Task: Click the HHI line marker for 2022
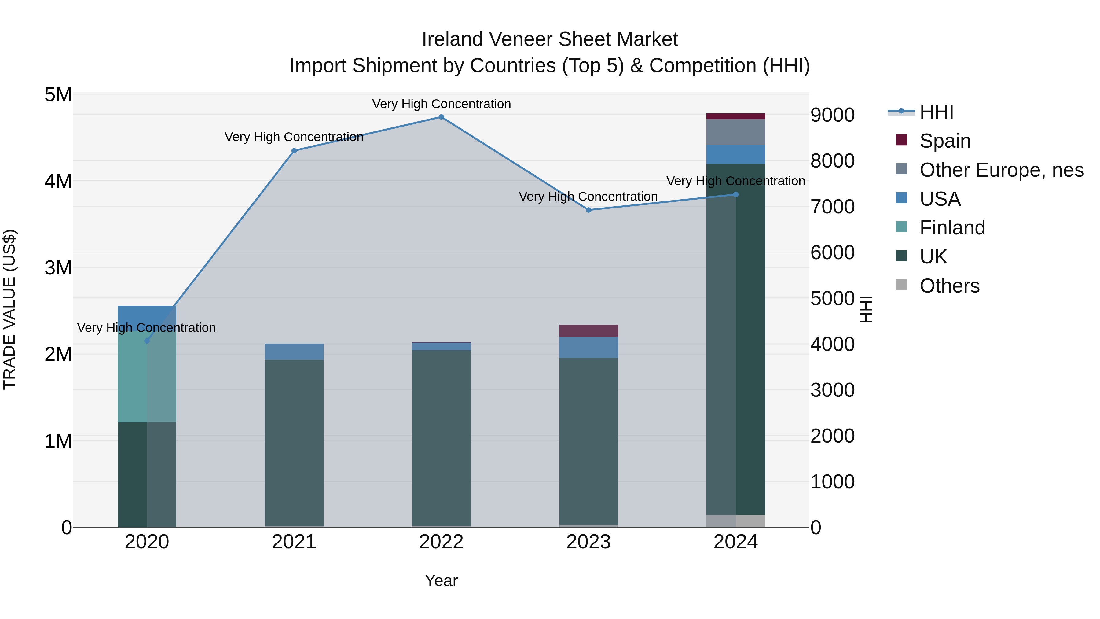coord(441,117)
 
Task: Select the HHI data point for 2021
coord(294,151)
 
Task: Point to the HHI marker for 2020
coord(147,341)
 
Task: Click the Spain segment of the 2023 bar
coord(588,331)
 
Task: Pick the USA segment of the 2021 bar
coord(294,352)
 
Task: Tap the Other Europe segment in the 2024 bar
coord(735,132)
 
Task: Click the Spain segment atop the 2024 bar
coord(735,116)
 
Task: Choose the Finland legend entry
coord(952,228)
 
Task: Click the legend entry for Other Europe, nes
coord(1001,170)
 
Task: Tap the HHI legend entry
coord(936,112)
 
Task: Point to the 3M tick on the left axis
coord(58,268)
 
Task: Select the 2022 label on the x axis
coord(441,542)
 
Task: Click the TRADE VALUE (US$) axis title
coord(9,309)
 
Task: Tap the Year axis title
coord(441,580)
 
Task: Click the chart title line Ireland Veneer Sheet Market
coord(550,39)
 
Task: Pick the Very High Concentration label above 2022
coord(441,104)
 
